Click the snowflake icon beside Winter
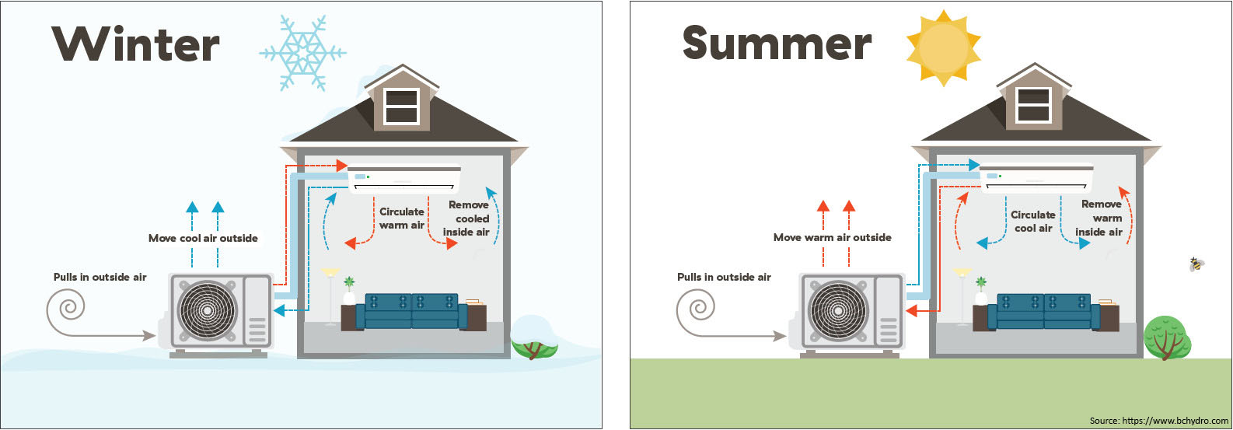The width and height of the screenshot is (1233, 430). (302, 53)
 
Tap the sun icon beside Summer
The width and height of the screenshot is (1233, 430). (944, 48)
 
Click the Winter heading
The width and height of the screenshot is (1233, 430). (136, 44)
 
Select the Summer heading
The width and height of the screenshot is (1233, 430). (777, 44)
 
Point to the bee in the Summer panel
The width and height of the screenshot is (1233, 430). (1196, 264)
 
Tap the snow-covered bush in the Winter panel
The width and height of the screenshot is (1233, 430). (534, 337)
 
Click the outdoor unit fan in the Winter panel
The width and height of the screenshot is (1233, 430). (207, 310)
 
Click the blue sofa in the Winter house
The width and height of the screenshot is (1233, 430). (412, 311)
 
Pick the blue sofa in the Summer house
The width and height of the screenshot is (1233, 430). (1043, 311)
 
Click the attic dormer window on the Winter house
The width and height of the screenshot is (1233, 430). (402, 107)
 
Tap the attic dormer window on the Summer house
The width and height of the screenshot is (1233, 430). (1034, 105)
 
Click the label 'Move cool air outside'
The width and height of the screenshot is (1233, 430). (203, 239)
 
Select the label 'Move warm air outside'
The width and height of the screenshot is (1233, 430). (833, 238)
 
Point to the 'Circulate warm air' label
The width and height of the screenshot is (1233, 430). (402, 218)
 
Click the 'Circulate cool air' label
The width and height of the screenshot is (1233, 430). (1033, 222)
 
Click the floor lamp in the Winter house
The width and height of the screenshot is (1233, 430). (330, 296)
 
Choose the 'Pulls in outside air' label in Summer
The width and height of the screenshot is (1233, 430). (724, 277)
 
